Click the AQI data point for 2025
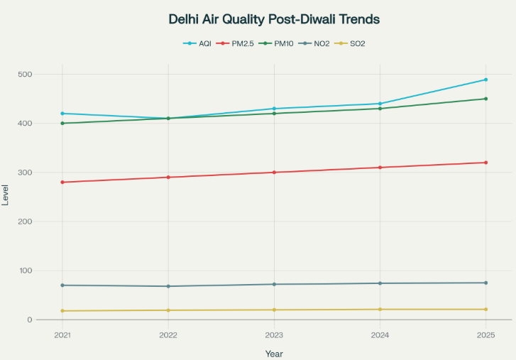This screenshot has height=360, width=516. coord(485,80)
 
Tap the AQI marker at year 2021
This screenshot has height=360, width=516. coord(62,114)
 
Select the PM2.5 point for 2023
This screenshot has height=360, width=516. coord(274,173)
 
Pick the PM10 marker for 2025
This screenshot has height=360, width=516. coord(485,99)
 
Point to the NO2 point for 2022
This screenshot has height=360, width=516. coord(168,286)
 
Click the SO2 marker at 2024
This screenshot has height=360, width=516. coord(380,310)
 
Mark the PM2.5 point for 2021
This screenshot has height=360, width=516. coord(62,182)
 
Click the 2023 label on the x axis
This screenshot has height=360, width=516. coord(274,335)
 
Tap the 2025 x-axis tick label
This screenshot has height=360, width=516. coord(485,335)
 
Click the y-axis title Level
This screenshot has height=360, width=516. coord(6,195)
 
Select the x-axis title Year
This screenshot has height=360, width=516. coord(274,353)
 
